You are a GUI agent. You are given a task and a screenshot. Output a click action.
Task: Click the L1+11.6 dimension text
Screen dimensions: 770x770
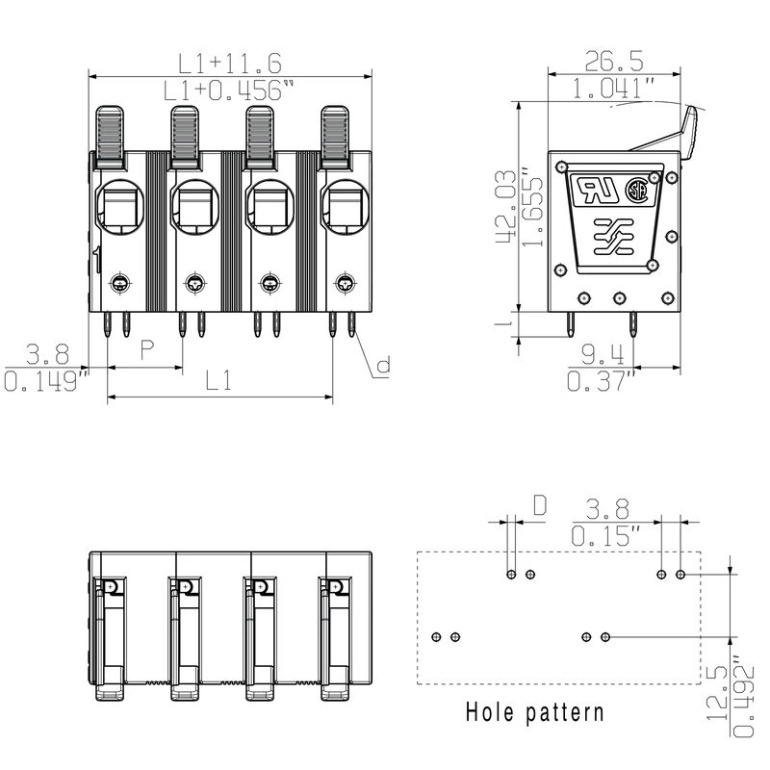point(229,63)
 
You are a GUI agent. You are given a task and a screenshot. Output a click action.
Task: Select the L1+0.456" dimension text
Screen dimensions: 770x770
point(229,90)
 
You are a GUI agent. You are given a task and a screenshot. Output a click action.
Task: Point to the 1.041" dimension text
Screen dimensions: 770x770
point(612,90)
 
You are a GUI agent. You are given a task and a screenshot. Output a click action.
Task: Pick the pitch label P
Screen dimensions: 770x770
point(147,349)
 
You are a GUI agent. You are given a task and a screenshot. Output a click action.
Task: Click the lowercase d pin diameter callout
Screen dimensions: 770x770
point(382,366)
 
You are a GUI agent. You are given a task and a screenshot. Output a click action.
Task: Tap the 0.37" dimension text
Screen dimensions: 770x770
point(603,382)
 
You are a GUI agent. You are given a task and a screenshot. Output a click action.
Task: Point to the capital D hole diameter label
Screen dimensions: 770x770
point(540,504)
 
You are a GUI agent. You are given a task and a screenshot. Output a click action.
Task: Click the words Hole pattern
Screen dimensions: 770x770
point(535,713)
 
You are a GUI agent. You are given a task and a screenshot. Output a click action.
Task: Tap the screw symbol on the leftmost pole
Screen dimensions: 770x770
point(120,283)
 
